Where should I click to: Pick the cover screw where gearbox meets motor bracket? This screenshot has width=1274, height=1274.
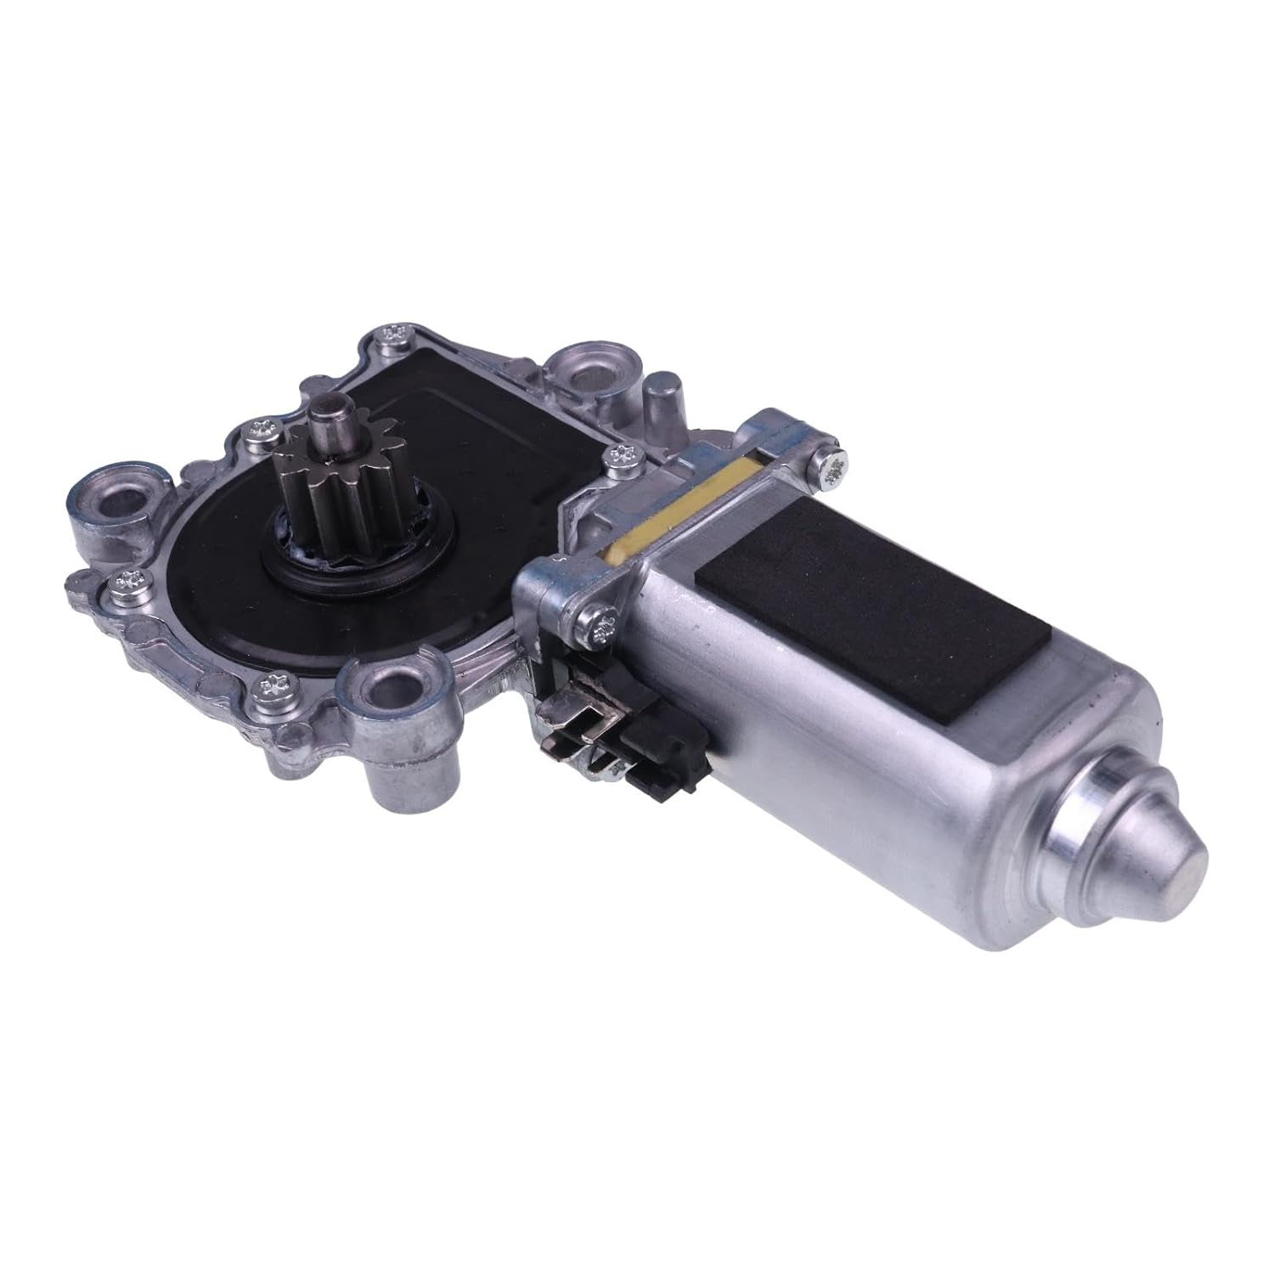[x=619, y=458]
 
